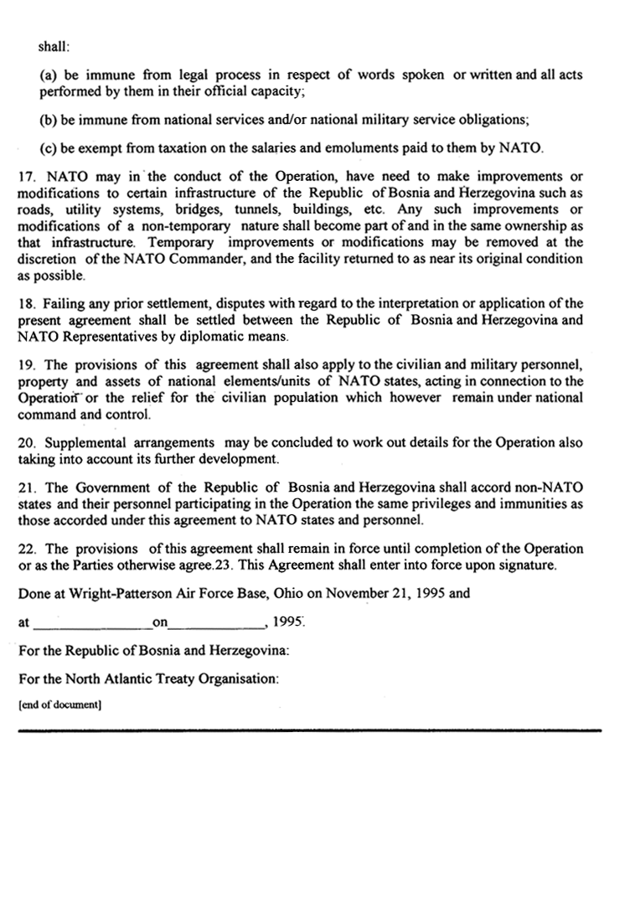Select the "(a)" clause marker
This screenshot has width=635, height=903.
(48, 75)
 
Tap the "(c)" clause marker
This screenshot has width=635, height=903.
(48, 150)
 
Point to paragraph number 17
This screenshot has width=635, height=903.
(26, 177)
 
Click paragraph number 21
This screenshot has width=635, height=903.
(26, 488)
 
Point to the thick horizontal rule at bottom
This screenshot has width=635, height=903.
(310, 730)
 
